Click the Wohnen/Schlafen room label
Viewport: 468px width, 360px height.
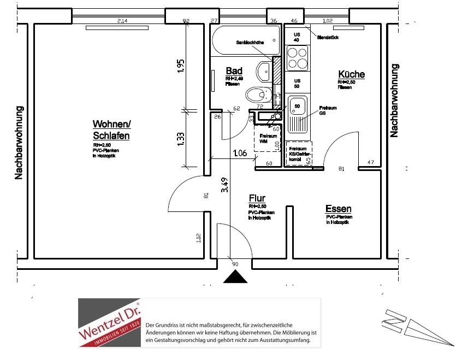[x=111, y=130]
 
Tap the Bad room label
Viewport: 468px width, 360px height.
[x=234, y=71]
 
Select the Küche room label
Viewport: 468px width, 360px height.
[x=351, y=75]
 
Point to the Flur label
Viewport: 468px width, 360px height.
[x=257, y=198]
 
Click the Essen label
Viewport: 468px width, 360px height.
[x=338, y=209]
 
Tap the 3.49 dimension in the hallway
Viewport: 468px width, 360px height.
[x=224, y=186]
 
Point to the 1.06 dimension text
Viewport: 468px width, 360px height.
[x=239, y=154]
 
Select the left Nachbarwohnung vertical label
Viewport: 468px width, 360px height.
[x=19, y=142]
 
